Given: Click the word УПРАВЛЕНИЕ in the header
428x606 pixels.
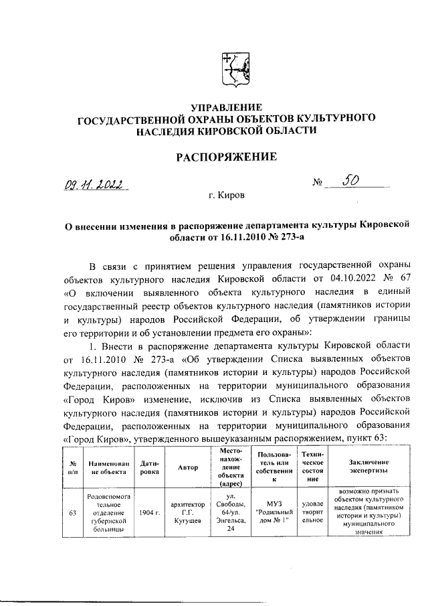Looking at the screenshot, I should pyautogui.click(x=226, y=108).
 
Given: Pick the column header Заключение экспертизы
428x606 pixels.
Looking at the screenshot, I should pyautogui.click(x=368, y=467).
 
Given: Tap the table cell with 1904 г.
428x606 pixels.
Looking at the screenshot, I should pyautogui.click(x=150, y=512).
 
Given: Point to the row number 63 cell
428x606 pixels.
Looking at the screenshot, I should pyautogui.click(x=72, y=512).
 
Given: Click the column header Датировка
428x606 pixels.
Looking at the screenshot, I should pyautogui.click(x=150, y=467).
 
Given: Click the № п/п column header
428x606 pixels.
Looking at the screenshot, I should pyautogui.click(x=72, y=467).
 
